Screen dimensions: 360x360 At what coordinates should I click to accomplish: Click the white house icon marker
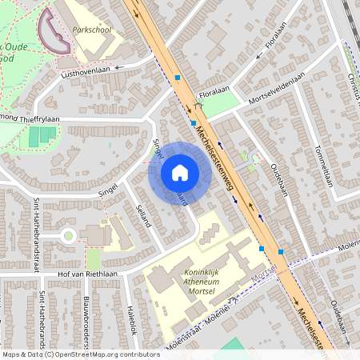tap(179, 173)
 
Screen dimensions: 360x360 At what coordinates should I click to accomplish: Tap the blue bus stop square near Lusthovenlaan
tap(178, 78)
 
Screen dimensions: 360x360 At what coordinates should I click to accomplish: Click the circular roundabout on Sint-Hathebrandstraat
tap(68, 235)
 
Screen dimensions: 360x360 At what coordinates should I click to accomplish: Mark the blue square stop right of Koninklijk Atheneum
tap(280, 252)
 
